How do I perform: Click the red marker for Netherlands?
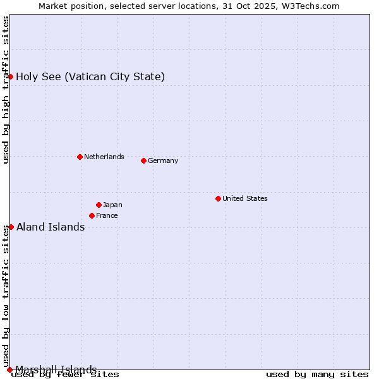(x=80, y=157)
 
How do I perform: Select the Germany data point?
(x=143, y=160)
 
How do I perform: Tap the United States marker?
(x=218, y=198)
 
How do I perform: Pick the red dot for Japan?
(x=99, y=205)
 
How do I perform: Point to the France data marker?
(x=92, y=215)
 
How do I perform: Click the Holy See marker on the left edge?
(x=11, y=76)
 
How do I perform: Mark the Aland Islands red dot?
(x=11, y=227)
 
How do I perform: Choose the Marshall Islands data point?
(x=9, y=369)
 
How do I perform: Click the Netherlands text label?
(x=104, y=157)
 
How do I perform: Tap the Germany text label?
(x=163, y=160)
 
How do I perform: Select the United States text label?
(x=244, y=198)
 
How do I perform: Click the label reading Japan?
(x=112, y=205)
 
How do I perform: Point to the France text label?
(x=107, y=215)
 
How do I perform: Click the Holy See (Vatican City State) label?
(x=90, y=77)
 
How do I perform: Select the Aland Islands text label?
(x=51, y=227)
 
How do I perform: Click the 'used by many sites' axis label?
(x=317, y=374)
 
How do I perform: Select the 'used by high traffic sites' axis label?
(x=6, y=90)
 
